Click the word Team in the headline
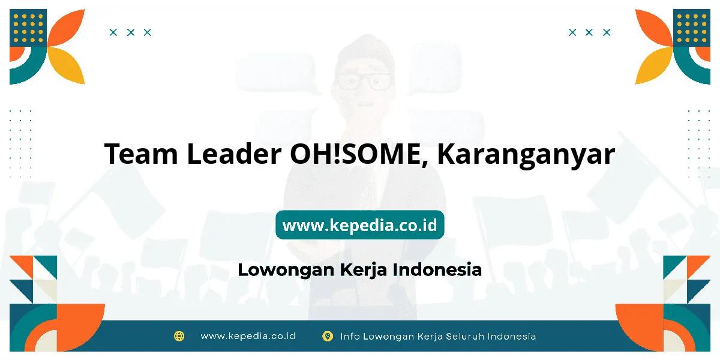(141, 154)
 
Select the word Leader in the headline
(235, 154)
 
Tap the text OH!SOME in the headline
(359, 154)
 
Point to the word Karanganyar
(526, 156)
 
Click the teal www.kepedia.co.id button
(359, 224)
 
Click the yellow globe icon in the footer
(179, 336)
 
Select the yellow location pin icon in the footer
(328, 337)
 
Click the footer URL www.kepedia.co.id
(248, 336)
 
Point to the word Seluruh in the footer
(464, 337)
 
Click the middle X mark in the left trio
(131, 32)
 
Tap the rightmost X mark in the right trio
(607, 32)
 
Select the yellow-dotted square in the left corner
(28, 28)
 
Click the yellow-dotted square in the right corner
(692, 28)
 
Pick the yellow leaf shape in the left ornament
(67, 65)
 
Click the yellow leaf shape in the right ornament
(653, 65)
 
